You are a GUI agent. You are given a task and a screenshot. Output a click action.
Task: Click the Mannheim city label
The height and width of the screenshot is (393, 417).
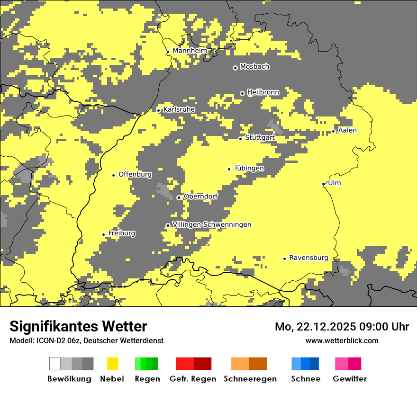(x=190, y=51)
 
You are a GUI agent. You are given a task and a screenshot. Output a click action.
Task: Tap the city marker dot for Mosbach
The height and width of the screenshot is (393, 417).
(x=235, y=68)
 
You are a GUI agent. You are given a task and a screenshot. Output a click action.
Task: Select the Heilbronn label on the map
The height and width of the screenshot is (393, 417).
(x=263, y=92)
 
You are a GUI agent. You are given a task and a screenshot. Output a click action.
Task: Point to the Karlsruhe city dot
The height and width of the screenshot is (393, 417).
(x=159, y=110)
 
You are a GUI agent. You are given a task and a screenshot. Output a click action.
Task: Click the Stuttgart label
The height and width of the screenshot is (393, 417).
(x=260, y=138)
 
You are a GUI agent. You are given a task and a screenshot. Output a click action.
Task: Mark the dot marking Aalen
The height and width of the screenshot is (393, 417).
(x=334, y=131)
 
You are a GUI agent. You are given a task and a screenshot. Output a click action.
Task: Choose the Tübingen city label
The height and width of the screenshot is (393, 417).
(x=249, y=168)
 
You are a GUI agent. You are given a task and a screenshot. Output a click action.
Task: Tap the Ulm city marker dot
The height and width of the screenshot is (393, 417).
(x=324, y=184)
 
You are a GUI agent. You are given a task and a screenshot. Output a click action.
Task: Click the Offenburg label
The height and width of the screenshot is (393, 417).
(x=135, y=174)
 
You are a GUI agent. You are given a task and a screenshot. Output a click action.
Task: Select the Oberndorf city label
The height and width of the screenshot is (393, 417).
(x=200, y=196)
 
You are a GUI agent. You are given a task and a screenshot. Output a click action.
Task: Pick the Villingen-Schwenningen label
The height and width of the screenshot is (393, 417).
(x=212, y=224)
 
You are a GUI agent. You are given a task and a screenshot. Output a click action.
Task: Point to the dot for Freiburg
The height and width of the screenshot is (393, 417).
(x=103, y=234)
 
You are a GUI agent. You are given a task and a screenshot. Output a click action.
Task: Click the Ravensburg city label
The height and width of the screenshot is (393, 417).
(x=308, y=258)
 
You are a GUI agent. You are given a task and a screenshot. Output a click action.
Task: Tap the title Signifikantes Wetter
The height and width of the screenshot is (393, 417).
(x=78, y=326)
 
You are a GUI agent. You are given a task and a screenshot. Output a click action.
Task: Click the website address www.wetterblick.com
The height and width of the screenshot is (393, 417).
(x=342, y=340)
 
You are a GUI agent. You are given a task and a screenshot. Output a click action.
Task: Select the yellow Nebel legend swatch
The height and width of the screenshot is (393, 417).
(x=112, y=364)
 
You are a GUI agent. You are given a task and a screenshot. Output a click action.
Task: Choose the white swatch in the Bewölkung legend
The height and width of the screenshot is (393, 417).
(x=55, y=364)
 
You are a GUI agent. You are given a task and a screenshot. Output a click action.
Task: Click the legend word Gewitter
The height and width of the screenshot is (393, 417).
(x=350, y=379)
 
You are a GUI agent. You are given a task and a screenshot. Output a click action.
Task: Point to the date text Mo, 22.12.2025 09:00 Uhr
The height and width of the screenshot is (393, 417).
(x=342, y=327)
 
